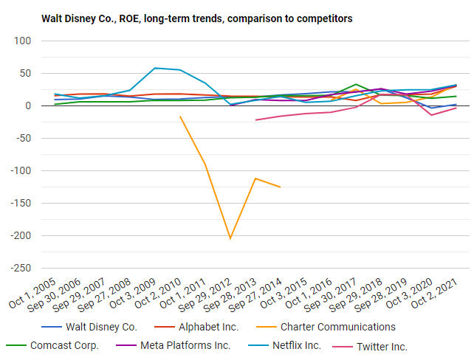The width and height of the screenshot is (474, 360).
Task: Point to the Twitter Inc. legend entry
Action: [382, 346]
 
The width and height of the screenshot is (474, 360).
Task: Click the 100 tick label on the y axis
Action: [39, 41]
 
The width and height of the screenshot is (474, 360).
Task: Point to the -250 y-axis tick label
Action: [35, 269]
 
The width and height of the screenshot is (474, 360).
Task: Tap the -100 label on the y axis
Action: [35, 171]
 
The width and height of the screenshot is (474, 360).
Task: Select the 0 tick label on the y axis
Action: [45, 106]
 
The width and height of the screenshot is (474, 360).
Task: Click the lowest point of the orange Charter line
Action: [230, 238]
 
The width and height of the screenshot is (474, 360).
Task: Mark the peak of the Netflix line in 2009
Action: [154, 68]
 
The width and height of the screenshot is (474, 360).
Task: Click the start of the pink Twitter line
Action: [255, 120]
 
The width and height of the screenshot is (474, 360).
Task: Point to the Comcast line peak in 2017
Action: [357, 84]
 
